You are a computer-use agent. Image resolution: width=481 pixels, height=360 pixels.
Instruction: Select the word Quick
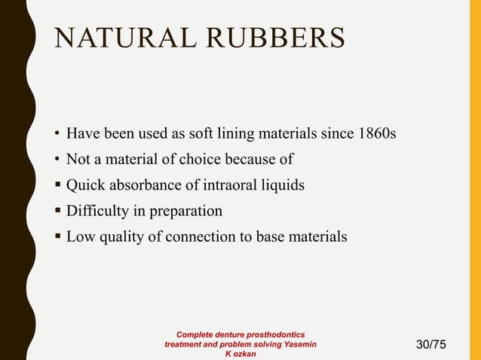tap(86, 185)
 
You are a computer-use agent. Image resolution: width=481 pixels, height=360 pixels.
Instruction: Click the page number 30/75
tap(431, 345)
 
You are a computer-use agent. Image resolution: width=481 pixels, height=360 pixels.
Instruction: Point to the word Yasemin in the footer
tap(298, 344)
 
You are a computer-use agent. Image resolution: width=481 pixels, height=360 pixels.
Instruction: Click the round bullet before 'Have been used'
tap(57, 135)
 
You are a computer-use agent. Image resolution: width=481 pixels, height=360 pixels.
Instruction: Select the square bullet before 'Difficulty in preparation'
tap(57, 212)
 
